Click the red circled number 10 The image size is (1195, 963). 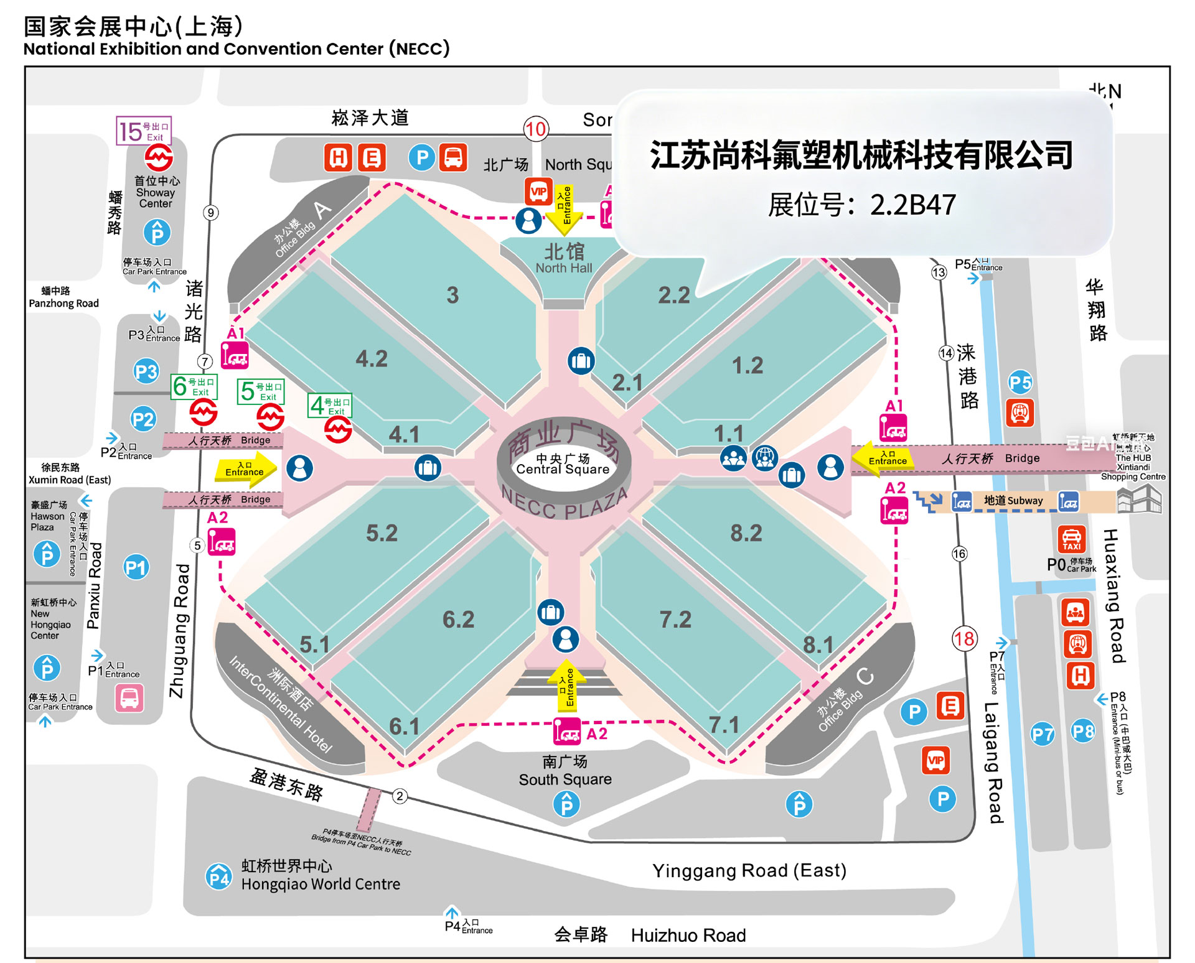coord(535,129)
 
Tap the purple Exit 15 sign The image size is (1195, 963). coord(144,131)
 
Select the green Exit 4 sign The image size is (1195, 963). coord(330,406)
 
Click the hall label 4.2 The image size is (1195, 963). coord(372,358)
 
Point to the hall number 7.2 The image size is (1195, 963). coord(675,619)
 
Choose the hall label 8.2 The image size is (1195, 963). coord(746,533)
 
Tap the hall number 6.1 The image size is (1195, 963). coord(404,726)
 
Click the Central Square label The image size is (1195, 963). coord(563,464)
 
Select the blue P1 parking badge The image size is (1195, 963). coord(136,567)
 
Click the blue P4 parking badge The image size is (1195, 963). coord(218,877)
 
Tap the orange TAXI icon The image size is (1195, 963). coord(1071,539)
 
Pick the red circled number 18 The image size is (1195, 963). coord(964,638)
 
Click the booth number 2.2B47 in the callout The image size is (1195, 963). coord(912,205)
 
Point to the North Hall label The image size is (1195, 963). coord(564,258)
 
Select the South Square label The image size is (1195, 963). coord(565,771)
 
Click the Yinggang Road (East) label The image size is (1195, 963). coord(749,870)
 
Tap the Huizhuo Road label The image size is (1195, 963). coord(688,935)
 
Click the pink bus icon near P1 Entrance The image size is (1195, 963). coord(129,697)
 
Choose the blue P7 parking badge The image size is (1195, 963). coord(1043,735)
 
